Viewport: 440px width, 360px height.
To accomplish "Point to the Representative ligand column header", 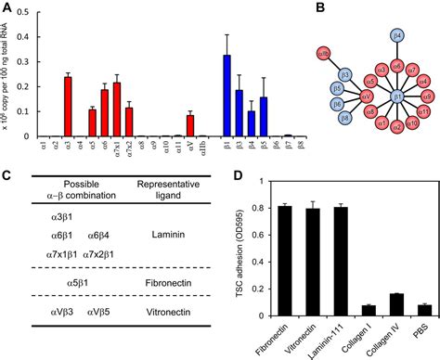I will point(177,186).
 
